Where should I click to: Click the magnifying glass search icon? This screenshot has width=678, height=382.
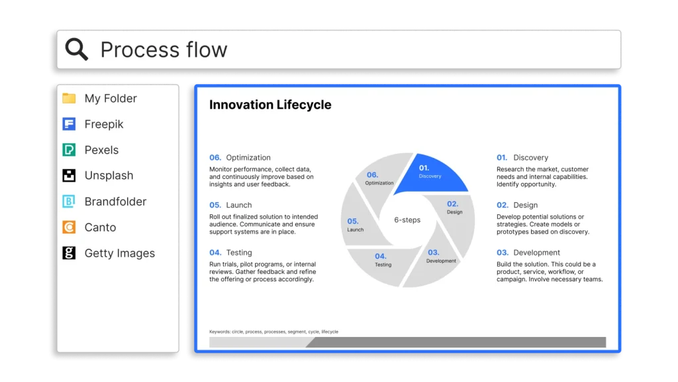point(77,49)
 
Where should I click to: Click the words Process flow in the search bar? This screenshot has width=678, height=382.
point(164,49)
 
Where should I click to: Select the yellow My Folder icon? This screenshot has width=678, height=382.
point(69,98)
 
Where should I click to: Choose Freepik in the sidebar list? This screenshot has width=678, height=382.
point(104,124)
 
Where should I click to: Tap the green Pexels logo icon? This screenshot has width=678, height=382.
point(69,150)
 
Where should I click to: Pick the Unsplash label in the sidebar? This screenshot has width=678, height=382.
point(109,175)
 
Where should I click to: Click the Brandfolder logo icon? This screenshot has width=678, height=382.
point(69,202)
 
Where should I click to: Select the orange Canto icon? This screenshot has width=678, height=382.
point(69,227)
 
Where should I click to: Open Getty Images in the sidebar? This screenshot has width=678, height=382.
point(119,253)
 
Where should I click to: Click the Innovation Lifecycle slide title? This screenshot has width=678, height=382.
point(270,105)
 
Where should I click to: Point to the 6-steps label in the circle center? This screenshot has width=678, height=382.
point(407,220)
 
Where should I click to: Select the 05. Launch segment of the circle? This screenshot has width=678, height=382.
point(359,223)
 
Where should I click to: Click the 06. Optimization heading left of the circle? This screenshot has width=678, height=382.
point(240,158)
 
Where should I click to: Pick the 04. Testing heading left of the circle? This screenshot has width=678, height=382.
point(230,253)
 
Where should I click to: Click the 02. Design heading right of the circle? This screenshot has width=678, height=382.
point(517,205)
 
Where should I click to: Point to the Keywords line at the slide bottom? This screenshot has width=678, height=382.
point(273,332)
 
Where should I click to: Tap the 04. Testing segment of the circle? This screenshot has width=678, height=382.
point(383,264)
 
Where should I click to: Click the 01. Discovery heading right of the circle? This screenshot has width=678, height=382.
point(522,158)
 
